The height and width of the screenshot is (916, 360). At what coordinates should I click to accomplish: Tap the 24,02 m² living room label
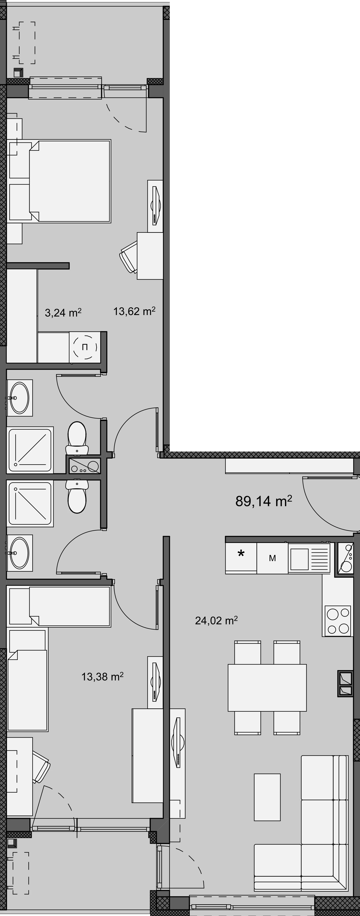[x=216, y=620]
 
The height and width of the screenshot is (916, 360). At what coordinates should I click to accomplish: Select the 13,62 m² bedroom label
[x=134, y=312]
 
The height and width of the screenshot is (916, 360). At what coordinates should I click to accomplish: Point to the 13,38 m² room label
[x=102, y=676]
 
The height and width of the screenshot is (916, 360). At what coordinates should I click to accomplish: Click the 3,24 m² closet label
[x=63, y=313]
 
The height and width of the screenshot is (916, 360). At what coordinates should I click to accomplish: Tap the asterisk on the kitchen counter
[x=241, y=554]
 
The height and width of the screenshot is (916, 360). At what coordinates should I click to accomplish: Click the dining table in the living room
[x=267, y=682]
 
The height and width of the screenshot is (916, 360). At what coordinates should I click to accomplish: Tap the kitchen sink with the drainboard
[x=309, y=558]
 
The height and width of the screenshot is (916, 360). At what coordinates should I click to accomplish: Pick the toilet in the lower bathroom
[x=77, y=497]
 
